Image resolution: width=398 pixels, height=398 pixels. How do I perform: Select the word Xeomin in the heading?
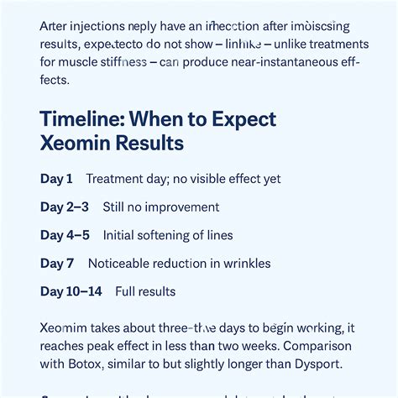click(76, 143)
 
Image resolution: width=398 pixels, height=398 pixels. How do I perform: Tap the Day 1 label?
click(56, 179)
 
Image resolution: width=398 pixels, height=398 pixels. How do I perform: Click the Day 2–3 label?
click(64, 207)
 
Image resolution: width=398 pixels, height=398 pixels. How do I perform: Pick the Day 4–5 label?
click(64, 235)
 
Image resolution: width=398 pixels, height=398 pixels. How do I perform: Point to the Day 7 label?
click(57, 264)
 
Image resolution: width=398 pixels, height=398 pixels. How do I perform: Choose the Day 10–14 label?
click(71, 291)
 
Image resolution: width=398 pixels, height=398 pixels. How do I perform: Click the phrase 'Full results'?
click(145, 291)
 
